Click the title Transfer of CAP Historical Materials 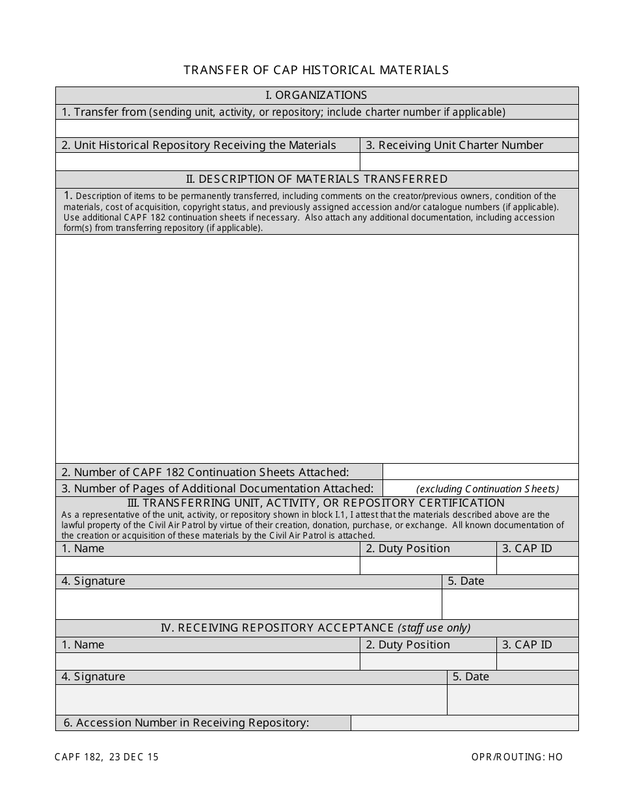pos(316,70)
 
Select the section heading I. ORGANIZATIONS pos(316,95)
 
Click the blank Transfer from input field pos(316,128)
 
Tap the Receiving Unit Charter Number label pos(454,145)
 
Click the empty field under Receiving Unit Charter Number pos(468,161)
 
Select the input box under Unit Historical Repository pos(207,161)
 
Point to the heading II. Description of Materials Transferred pos(316,179)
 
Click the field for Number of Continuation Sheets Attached pos(480,472)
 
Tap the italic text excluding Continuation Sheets pos(487,489)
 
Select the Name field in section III pos(207,565)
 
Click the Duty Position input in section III pos(427,565)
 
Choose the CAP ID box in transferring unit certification pos(537,565)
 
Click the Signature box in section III pos(248,604)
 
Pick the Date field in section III pos(509,604)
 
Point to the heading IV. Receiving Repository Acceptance pos(316,628)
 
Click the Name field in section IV pos(207,661)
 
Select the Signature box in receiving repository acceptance pos(250,700)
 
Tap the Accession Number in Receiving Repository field pos(464,723)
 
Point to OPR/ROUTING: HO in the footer pos(517,756)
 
